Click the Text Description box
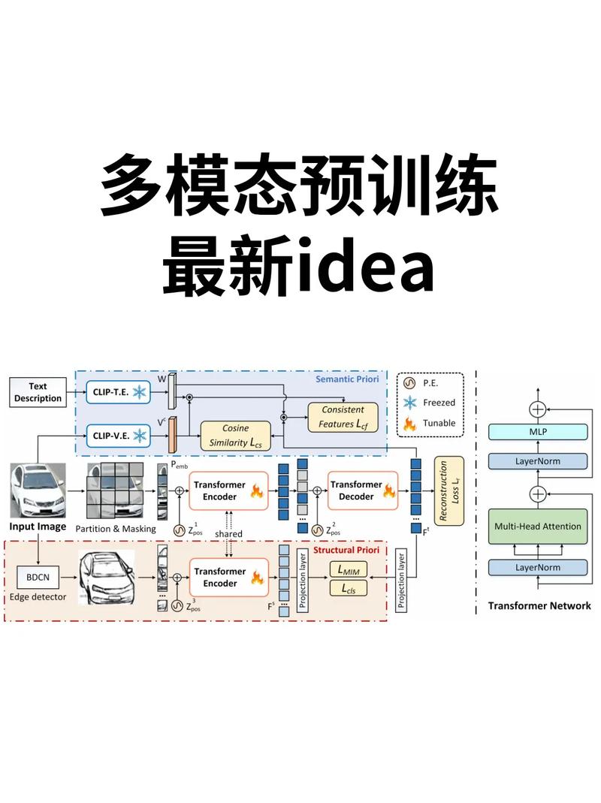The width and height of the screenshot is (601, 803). [x=37, y=392]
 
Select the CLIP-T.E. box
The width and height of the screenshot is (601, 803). [x=118, y=391]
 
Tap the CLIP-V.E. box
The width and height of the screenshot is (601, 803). [x=118, y=435]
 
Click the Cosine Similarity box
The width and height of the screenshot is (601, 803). [x=234, y=436]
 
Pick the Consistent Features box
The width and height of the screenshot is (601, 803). [x=343, y=417]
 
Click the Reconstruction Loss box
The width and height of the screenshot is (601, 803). [x=449, y=491]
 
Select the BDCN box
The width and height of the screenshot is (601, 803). [x=37, y=578]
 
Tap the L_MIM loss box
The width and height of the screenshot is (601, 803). [x=349, y=571]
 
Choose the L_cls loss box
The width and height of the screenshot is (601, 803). [x=349, y=590]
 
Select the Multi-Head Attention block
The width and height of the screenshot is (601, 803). [x=537, y=526]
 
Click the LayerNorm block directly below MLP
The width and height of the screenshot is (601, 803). [x=537, y=460]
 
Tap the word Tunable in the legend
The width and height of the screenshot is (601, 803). [x=439, y=423]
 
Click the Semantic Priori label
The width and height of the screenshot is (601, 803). [x=347, y=380]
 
